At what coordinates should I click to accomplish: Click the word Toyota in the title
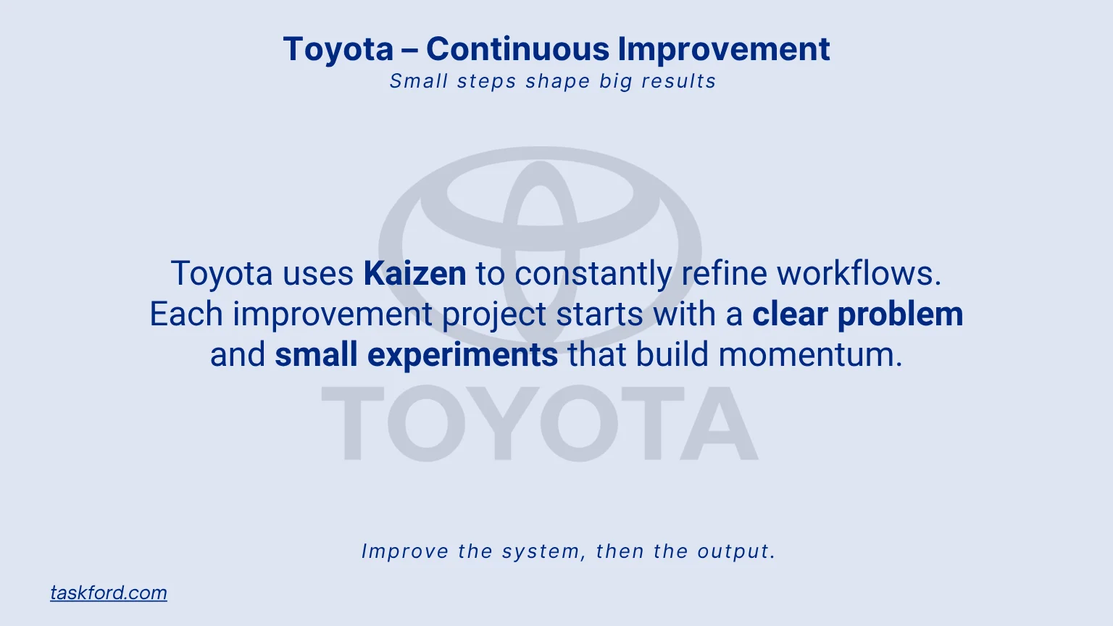(x=338, y=49)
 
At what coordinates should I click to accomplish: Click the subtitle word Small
(x=418, y=81)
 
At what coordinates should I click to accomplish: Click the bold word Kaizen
(x=414, y=274)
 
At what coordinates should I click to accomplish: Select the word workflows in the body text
(x=859, y=274)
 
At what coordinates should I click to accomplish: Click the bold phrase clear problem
(x=857, y=314)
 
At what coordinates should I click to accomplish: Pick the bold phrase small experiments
(x=416, y=355)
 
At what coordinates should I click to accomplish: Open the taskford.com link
(x=109, y=593)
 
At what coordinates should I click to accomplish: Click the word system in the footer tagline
(x=543, y=551)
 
